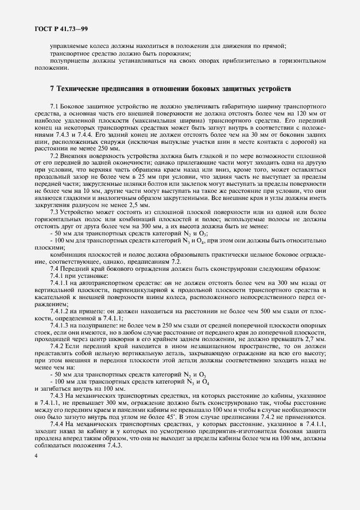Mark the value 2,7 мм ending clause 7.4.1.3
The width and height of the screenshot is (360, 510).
click(315, 339)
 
